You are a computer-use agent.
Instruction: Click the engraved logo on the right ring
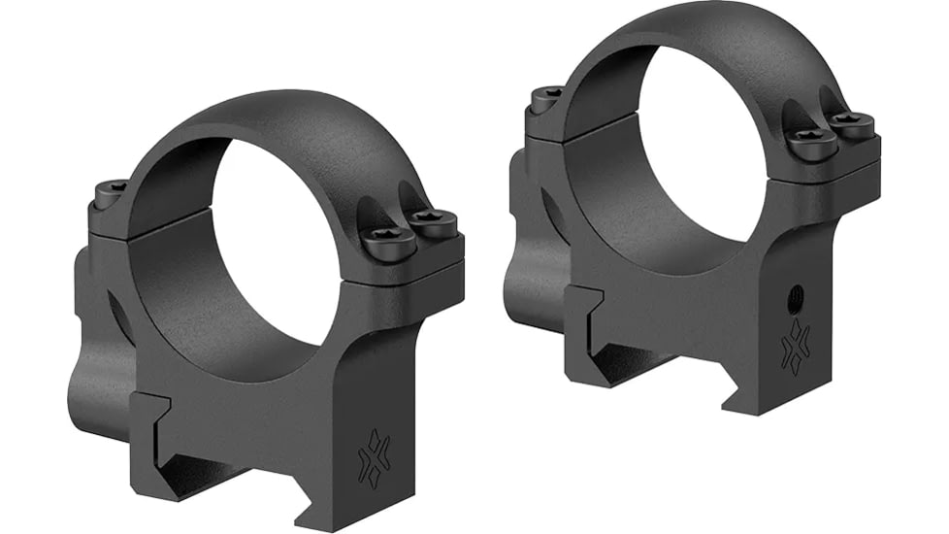[x=796, y=348]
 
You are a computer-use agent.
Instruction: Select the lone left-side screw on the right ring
[x=547, y=96]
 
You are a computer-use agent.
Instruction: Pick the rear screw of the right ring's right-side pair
[x=853, y=123]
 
